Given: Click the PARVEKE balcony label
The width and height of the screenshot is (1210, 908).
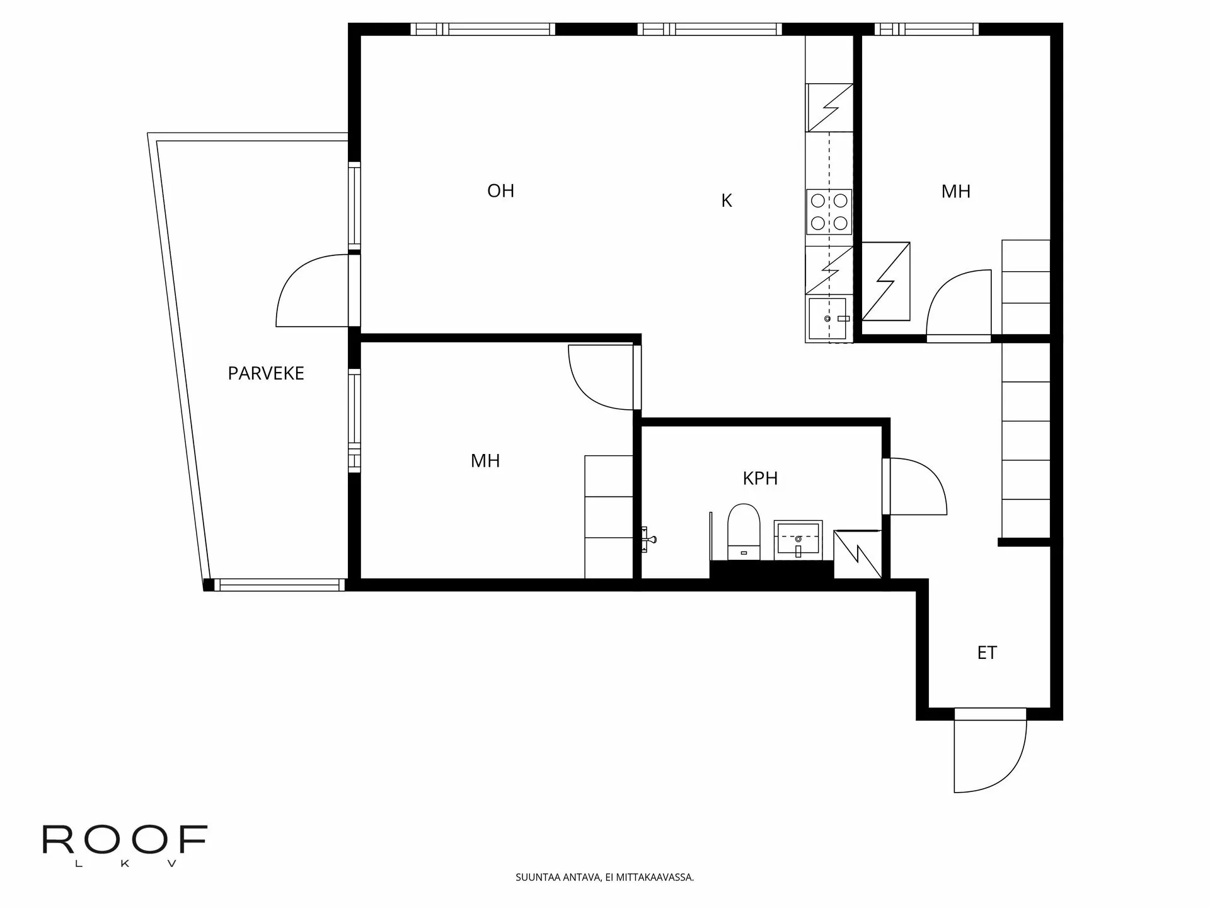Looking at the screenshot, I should coord(265,373).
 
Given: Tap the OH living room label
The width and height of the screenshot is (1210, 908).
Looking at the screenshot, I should coord(500,191).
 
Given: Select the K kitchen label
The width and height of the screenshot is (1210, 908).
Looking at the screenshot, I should coord(726,201).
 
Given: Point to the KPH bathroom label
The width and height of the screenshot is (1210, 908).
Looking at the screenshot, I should coord(760,479).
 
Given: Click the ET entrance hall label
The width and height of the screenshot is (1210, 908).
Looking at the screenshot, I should coord(986,653).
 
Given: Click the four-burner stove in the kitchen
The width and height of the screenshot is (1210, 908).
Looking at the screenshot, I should coord(829,212).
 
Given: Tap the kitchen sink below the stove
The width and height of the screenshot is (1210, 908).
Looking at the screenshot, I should coord(828,318).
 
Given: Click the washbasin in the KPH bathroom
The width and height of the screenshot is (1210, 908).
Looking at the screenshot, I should coord(798,539).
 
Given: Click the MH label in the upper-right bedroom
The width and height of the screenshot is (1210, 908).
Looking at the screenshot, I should coord(955,192).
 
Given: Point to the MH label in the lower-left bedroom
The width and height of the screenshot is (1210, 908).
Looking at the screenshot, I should coord(485,461).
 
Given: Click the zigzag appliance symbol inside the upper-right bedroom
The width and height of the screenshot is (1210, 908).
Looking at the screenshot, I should coord(885,281).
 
